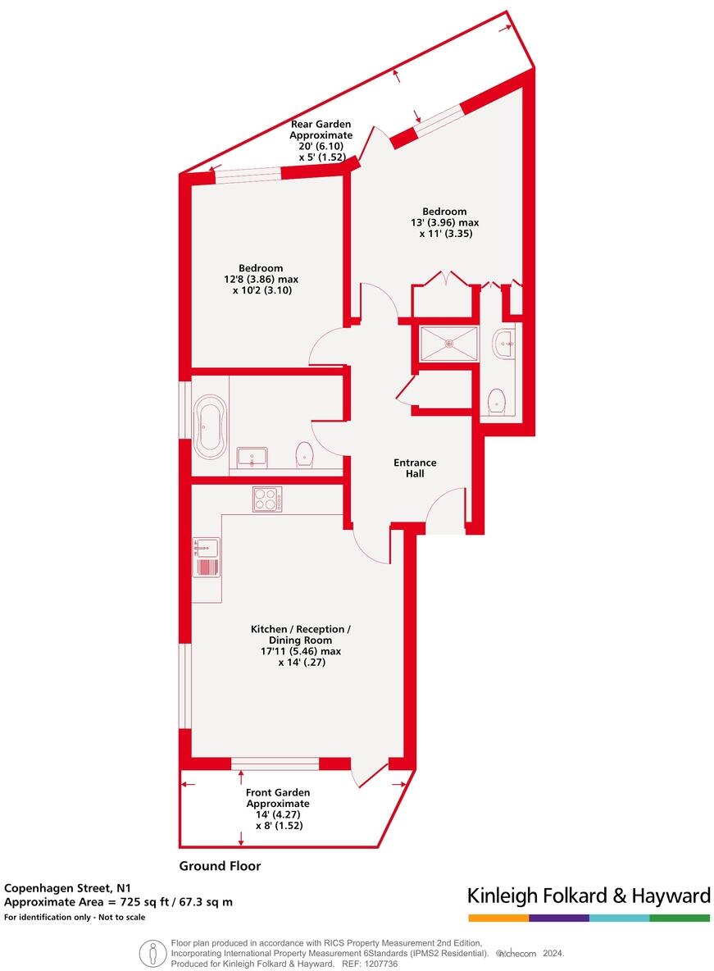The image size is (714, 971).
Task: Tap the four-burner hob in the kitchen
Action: click(x=266, y=499)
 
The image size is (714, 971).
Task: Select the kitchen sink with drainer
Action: click(x=206, y=558)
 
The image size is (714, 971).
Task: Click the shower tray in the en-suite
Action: click(x=448, y=344)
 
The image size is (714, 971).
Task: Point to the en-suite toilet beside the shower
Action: click(x=496, y=402)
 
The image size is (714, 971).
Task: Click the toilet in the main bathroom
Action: click(x=305, y=455)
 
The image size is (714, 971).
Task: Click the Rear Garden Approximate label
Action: click(x=321, y=130)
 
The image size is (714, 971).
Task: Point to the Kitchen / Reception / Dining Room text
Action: click(x=301, y=634)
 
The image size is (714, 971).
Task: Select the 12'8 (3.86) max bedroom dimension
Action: click(x=261, y=279)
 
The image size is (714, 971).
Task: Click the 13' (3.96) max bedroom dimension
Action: click(x=445, y=221)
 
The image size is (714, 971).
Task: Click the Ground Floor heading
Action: click(x=220, y=865)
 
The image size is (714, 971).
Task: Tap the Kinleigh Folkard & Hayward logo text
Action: click(x=588, y=895)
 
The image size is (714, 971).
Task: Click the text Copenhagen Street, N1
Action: click(x=67, y=887)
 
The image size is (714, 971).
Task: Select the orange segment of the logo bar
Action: click(x=498, y=918)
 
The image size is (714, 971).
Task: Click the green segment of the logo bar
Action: click(x=680, y=918)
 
